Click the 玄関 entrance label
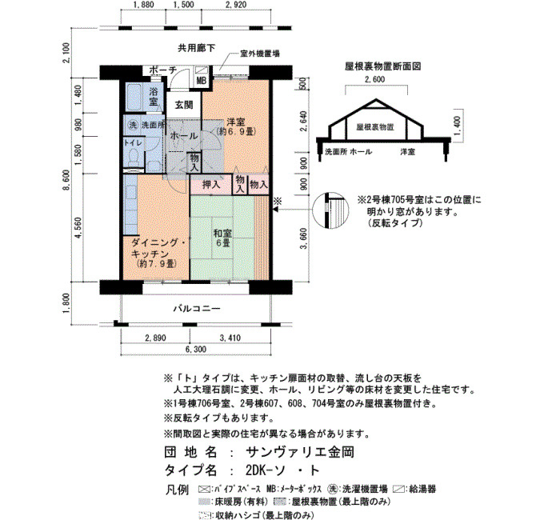coord(184,105)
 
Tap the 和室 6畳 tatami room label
coord(222,238)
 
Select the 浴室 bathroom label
coord(154,96)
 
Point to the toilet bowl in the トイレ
coord(134,158)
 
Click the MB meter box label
coord(202,81)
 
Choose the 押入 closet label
coord(211,185)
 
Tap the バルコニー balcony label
coord(197,308)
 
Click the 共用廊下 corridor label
coord(197,48)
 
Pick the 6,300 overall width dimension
coord(196,349)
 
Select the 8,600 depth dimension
coord(66,186)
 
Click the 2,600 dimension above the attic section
coord(374,79)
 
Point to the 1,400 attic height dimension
coord(457,124)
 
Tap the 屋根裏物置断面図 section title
coord(383,66)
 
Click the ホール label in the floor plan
coord(184,136)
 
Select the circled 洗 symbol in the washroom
coord(133,126)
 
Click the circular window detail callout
coord(326,210)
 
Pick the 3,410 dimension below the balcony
coord(230,338)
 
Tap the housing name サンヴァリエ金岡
coord(300,452)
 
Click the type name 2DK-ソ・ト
coord(282,470)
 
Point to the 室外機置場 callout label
coord(260,54)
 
